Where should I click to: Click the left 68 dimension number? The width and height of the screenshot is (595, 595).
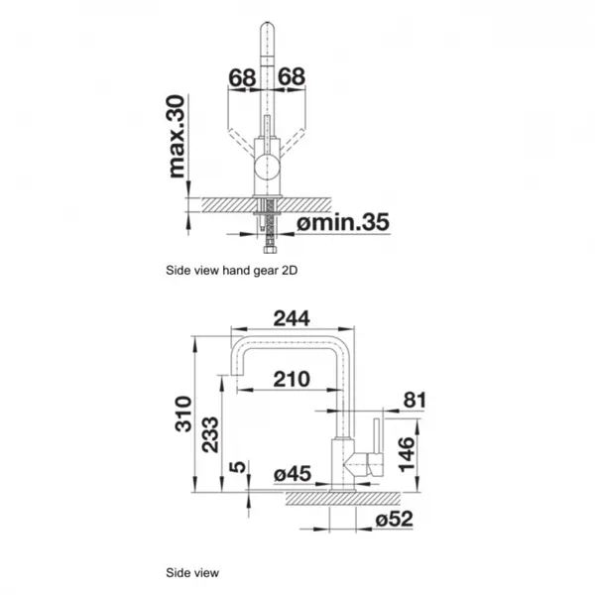242,77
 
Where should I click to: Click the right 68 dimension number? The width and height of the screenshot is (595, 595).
292,76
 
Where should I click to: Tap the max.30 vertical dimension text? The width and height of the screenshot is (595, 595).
177,136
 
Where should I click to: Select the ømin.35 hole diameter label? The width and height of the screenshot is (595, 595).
343,222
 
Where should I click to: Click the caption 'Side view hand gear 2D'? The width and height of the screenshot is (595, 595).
231,271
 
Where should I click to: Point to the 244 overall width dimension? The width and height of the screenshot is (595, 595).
292,318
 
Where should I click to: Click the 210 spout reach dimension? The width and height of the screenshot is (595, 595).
292,379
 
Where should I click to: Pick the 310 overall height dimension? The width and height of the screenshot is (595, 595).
183,414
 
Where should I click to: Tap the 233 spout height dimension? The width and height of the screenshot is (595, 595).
210,435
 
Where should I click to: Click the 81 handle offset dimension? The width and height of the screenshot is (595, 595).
414,400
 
